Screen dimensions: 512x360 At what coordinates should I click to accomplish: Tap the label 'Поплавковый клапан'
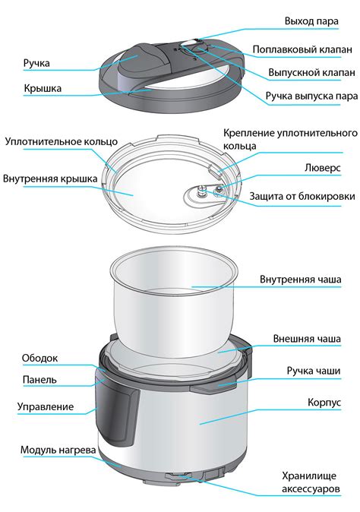(x=302, y=49)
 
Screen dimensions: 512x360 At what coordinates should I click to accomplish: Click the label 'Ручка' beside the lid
(x=36, y=64)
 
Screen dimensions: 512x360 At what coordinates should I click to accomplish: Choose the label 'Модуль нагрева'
(x=58, y=450)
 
